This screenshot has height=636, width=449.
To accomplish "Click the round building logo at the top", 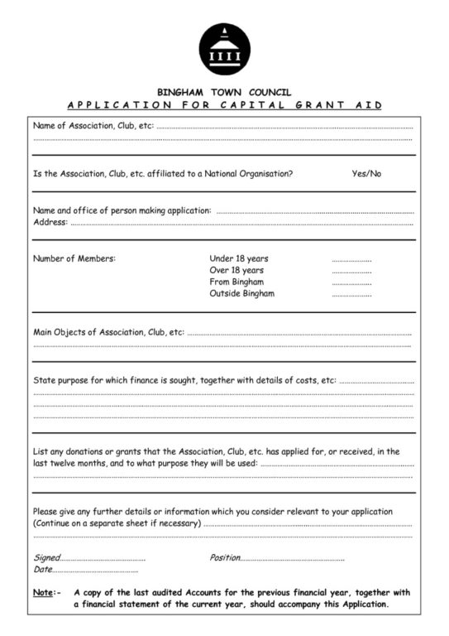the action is (223, 47).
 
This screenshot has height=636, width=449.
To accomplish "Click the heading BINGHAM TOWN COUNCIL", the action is (223, 92).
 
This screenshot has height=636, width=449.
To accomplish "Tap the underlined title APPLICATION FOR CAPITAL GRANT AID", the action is (223, 105).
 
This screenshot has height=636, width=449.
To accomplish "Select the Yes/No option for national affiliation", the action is (366, 174).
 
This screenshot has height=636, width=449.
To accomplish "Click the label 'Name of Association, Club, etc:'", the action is (93, 127).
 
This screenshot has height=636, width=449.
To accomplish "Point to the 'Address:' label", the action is (50, 222).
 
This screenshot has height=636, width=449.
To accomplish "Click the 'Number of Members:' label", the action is (74, 258).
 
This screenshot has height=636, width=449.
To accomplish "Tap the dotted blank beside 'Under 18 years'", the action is (351, 259).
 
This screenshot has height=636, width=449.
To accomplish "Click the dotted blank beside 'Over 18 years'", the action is (351, 271).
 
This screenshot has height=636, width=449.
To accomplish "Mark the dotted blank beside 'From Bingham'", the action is (351, 282).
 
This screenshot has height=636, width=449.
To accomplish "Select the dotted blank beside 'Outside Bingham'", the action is (351, 294).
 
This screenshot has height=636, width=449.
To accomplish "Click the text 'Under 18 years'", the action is (239, 258).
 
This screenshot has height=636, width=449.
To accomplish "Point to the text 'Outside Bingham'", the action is (242, 293).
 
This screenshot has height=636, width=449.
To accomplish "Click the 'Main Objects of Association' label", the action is (108, 332).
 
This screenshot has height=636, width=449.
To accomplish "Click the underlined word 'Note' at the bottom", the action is (43, 593).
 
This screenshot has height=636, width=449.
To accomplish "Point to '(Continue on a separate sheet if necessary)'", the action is (117, 523).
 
